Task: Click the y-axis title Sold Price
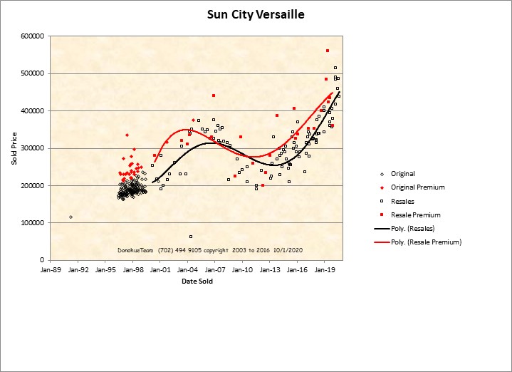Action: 14,148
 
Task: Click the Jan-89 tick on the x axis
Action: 51,270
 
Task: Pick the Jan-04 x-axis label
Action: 188,270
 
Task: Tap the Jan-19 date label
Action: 325,270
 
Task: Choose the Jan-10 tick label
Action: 243,270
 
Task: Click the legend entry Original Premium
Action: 417,187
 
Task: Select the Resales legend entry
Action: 402,201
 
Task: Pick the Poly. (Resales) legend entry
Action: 412,228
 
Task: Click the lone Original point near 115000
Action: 70,217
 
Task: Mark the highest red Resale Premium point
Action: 327,51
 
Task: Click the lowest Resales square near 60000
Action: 191,237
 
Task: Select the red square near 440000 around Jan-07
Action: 214,95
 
